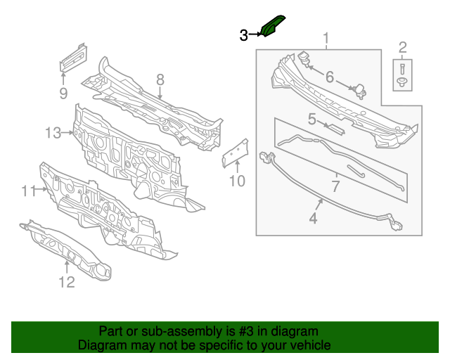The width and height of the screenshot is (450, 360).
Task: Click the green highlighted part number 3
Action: tap(272, 25)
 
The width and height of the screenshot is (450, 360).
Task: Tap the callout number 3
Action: tap(243, 34)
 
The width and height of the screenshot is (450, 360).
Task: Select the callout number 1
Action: tap(326, 38)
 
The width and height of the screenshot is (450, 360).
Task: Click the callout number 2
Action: tap(403, 48)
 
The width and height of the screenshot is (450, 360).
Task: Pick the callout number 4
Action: tap(313, 219)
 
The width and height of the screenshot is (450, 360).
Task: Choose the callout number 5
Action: tap(311, 119)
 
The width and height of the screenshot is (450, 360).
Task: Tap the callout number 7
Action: tap(335, 186)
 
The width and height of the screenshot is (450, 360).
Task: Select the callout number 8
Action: tap(160, 79)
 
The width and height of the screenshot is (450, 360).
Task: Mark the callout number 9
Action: tap(63, 93)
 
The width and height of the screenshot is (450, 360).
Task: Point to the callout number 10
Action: tap(237, 181)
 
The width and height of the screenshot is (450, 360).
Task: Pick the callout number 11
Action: tap(28, 191)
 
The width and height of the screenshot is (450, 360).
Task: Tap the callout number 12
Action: tap(65, 283)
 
